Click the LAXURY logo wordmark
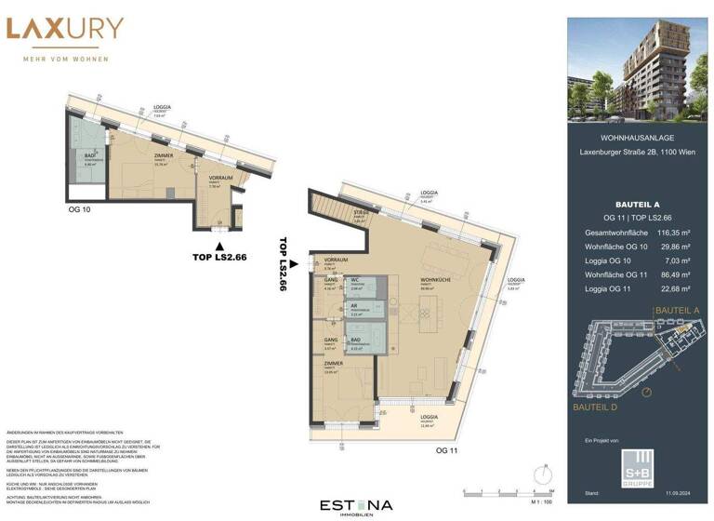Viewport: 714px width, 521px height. click(64, 30)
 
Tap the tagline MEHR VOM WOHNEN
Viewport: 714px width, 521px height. click(64, 60)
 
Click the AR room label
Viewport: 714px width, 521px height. click(354, 306)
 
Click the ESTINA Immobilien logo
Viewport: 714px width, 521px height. click(357, 505)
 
